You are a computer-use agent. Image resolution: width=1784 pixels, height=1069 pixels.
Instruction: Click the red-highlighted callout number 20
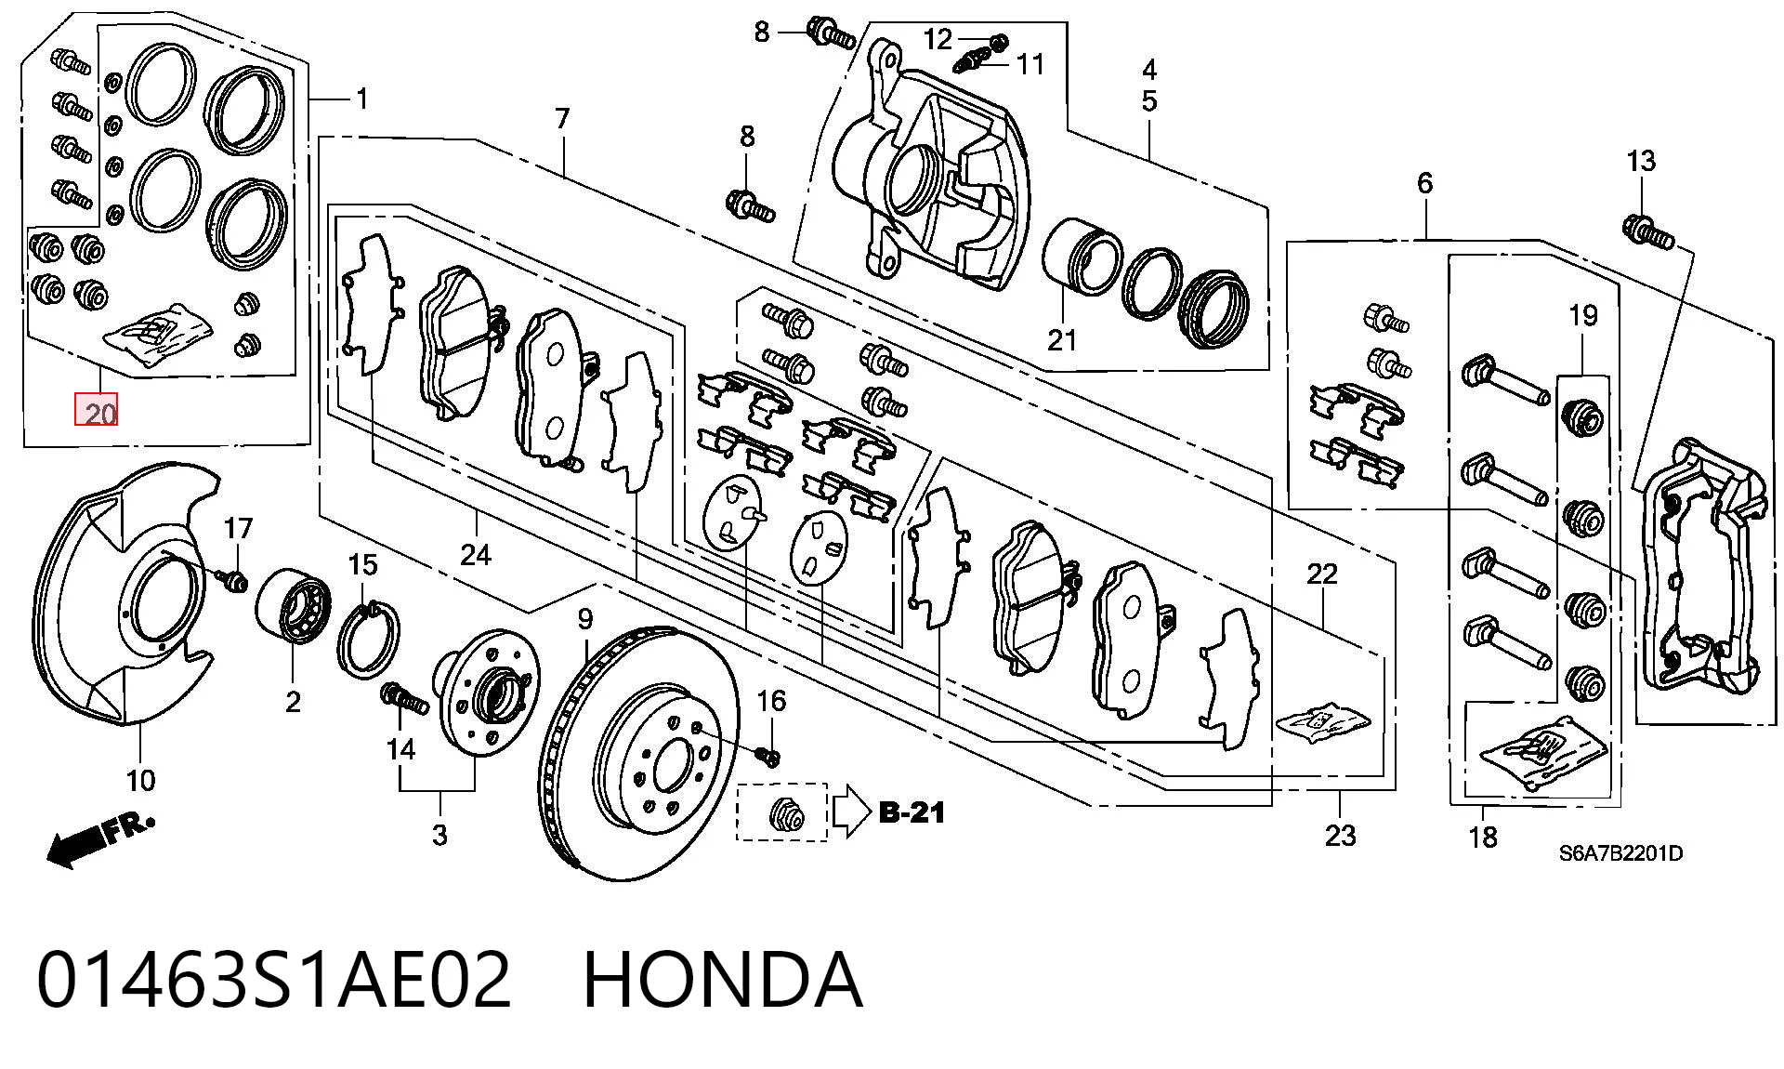tap(97, 411)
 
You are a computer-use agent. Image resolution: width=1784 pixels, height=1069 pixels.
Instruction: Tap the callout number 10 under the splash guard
tap(140, 780)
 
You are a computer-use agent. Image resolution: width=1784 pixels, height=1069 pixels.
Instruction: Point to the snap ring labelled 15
tap(371, 641)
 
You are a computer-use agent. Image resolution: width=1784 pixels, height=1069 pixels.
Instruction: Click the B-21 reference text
tap(912, 812)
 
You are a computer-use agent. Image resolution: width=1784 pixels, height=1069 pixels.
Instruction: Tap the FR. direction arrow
tap(99, 839)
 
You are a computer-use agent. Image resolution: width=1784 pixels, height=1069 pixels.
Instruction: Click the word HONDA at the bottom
tap(722, 980)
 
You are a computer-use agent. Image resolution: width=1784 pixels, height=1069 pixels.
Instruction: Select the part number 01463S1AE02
tap(274, 980)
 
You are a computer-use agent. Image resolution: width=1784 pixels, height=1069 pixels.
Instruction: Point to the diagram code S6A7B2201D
tap(1620, 853)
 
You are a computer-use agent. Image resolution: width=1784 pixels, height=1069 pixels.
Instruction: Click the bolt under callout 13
tap(1647, 231)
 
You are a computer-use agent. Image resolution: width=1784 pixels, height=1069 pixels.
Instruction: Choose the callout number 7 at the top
tap(561, 119)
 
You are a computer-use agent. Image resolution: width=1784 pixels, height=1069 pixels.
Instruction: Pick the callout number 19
tap(1583, 315)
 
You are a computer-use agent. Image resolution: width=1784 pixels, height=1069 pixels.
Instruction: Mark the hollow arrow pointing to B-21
tap(850, 812)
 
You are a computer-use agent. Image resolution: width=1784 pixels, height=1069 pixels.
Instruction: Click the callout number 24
tap(476, 555)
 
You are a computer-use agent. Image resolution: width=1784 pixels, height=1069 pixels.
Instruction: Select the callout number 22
tap(1322, 574)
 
